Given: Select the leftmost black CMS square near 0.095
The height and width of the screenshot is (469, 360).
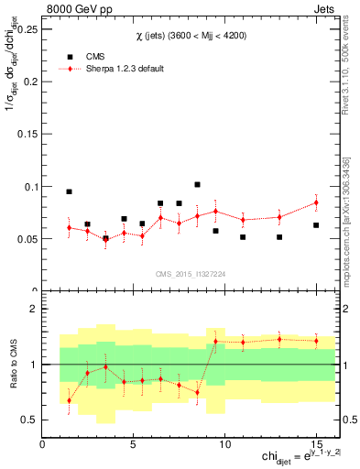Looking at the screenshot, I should click(69, 191).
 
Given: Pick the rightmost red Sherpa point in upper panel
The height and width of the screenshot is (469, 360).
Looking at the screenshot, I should click(316, 202).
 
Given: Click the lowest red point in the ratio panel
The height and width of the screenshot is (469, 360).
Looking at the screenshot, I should click(69, 400).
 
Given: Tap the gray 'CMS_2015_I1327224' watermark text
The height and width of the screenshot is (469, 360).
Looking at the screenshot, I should click(190, 274).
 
